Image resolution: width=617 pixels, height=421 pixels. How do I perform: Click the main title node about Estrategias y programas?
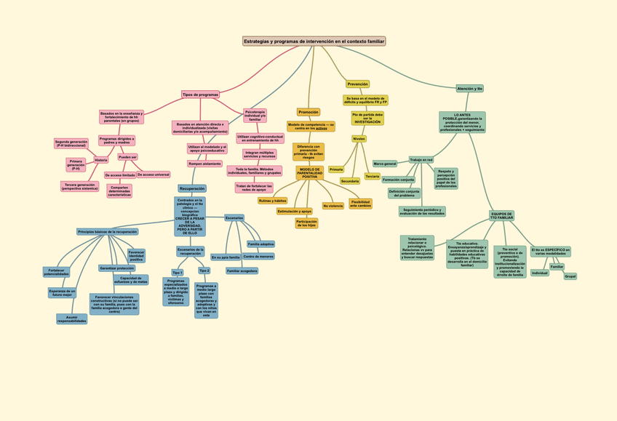pos(314,41)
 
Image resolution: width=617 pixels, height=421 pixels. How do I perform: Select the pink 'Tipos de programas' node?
pos(200,95)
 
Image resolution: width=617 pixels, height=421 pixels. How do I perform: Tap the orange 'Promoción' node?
pos(308,112)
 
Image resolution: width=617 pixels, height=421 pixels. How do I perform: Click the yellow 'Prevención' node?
pos(357,84)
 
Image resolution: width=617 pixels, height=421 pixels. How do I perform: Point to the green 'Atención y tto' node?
pos(469,89)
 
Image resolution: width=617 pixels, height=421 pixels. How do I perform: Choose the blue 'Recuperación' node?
pos(192,188)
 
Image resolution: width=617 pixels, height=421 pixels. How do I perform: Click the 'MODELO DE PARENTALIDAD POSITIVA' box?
pos(310,173)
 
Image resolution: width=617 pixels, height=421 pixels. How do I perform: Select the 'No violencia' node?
pos(333,206)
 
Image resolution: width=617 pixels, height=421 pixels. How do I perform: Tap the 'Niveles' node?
pos(359,138)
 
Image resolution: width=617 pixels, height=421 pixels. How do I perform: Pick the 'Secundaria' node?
pos(350,181)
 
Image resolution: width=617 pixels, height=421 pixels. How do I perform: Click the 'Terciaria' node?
pos(373,176)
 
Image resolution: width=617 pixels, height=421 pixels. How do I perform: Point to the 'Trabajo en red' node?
pos(421,160)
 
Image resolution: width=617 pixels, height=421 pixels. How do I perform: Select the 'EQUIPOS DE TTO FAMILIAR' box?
pos(501,216)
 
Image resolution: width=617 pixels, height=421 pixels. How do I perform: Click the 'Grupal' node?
pos(570,276)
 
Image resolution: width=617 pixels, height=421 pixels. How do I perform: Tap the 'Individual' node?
pos(540,273)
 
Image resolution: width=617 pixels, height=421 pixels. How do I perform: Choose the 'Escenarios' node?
pos(234,218)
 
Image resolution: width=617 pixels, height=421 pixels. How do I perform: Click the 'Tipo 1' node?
pos(178,273)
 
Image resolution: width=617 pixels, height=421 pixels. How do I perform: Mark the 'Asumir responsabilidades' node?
pos(71,318)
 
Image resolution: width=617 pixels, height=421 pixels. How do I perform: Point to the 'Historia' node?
pos(101,160)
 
